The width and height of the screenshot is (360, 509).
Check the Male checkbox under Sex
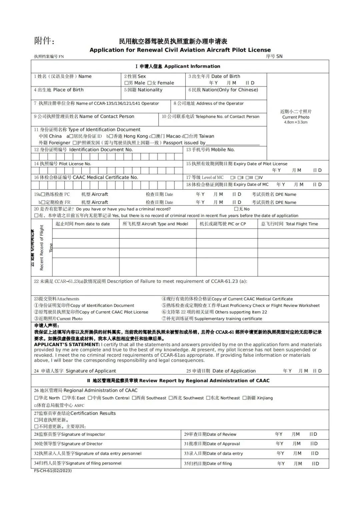tap(126, 83)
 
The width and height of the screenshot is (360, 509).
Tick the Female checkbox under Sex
tap(149, 83)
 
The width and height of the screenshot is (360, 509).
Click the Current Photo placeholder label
tap(296, 117)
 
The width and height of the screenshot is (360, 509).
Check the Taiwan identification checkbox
tap(186, 136)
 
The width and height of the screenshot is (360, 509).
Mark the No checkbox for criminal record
tap(236, 209)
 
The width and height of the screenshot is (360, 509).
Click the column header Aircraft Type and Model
tap(155, 224)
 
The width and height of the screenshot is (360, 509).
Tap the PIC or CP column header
tap(223, 224)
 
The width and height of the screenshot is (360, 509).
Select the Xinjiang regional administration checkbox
tap(244, 398)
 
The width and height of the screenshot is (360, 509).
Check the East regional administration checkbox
tap(64, 398)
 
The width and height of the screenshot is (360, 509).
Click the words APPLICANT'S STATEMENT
tap(67, 344)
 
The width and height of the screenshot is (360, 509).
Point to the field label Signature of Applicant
tap(91, 371)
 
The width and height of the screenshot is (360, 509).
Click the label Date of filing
tap(219, 463)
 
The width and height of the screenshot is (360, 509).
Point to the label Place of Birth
tap(68, 90)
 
